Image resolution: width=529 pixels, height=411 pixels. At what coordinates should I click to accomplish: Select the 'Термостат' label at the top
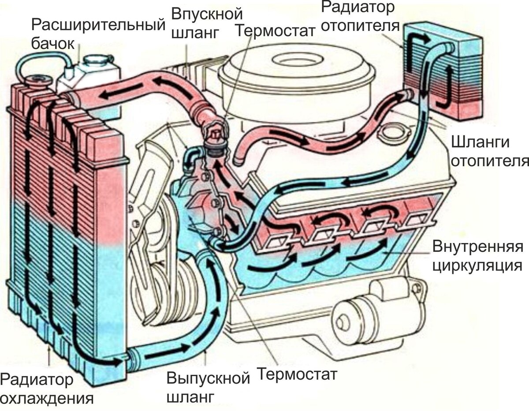[x=276, y=30]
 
